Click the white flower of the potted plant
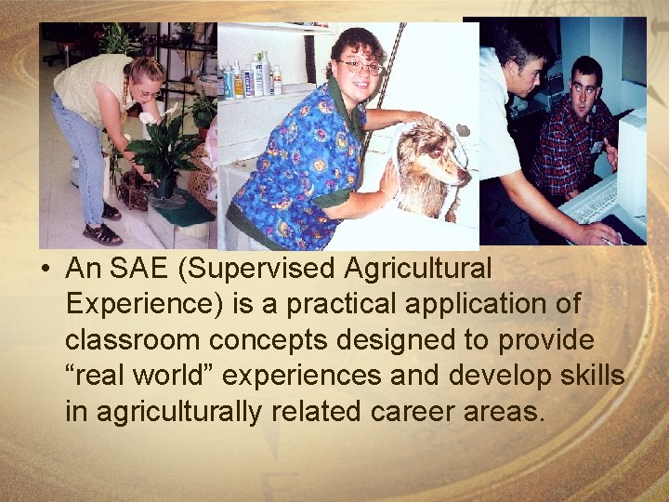coord(148,119)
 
